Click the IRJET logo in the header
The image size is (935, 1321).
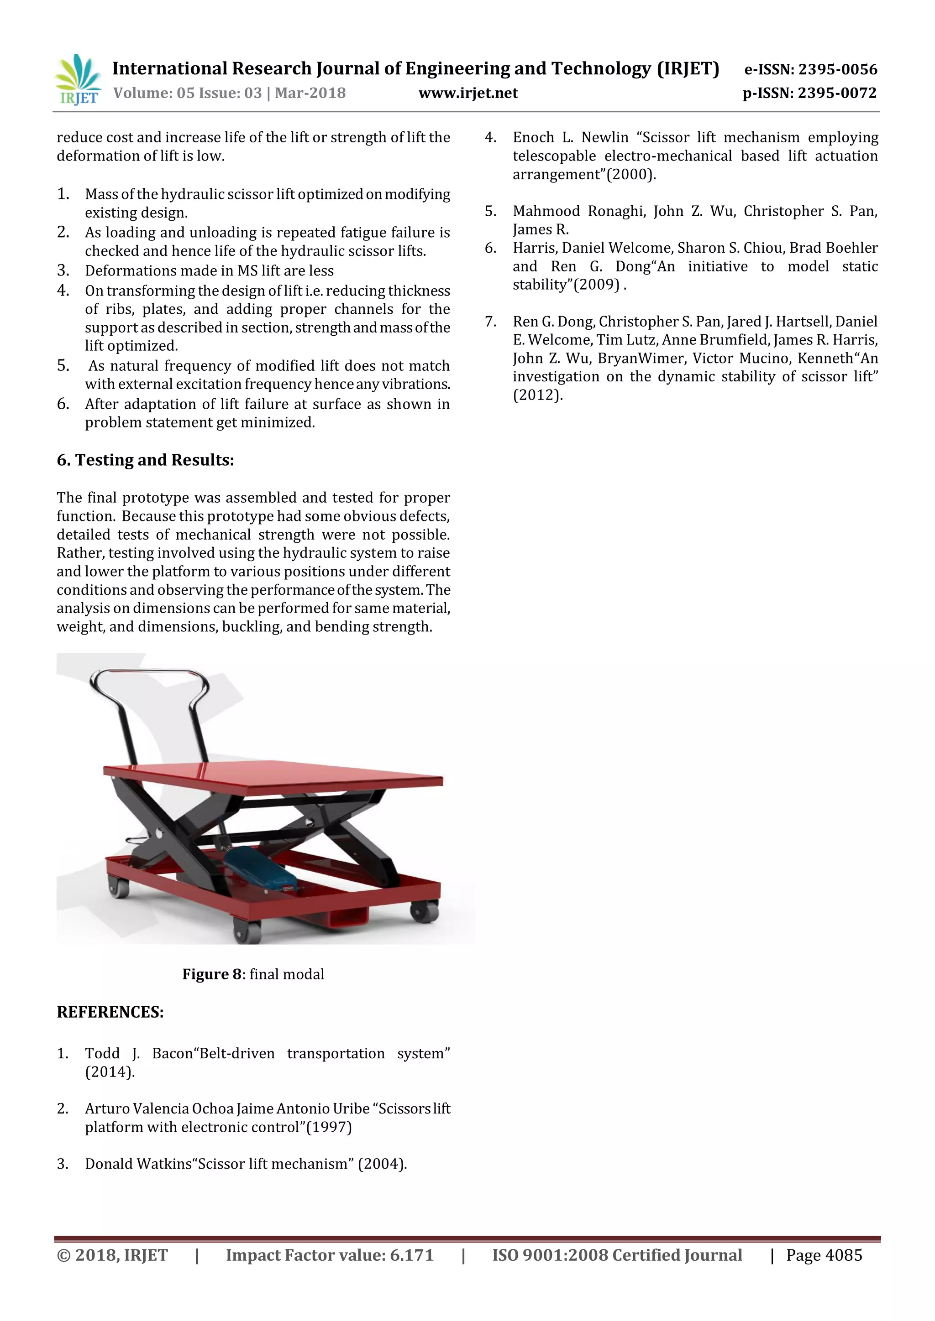point(78,80)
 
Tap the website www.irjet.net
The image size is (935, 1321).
point(468,93)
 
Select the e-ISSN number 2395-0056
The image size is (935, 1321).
point(838,70)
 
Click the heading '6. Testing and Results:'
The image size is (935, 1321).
point(145,460)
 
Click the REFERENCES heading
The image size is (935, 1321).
point(110,1012)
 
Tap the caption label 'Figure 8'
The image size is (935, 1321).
point(211,974)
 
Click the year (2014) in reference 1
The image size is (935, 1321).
point(110,1072)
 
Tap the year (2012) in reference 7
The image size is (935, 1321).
point(537,395)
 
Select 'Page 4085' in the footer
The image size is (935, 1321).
point(824,1255)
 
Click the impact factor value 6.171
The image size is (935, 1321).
point(412,1255)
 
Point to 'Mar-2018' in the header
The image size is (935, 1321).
point(310,93)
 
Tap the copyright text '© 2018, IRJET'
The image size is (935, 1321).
point(112,1255)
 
